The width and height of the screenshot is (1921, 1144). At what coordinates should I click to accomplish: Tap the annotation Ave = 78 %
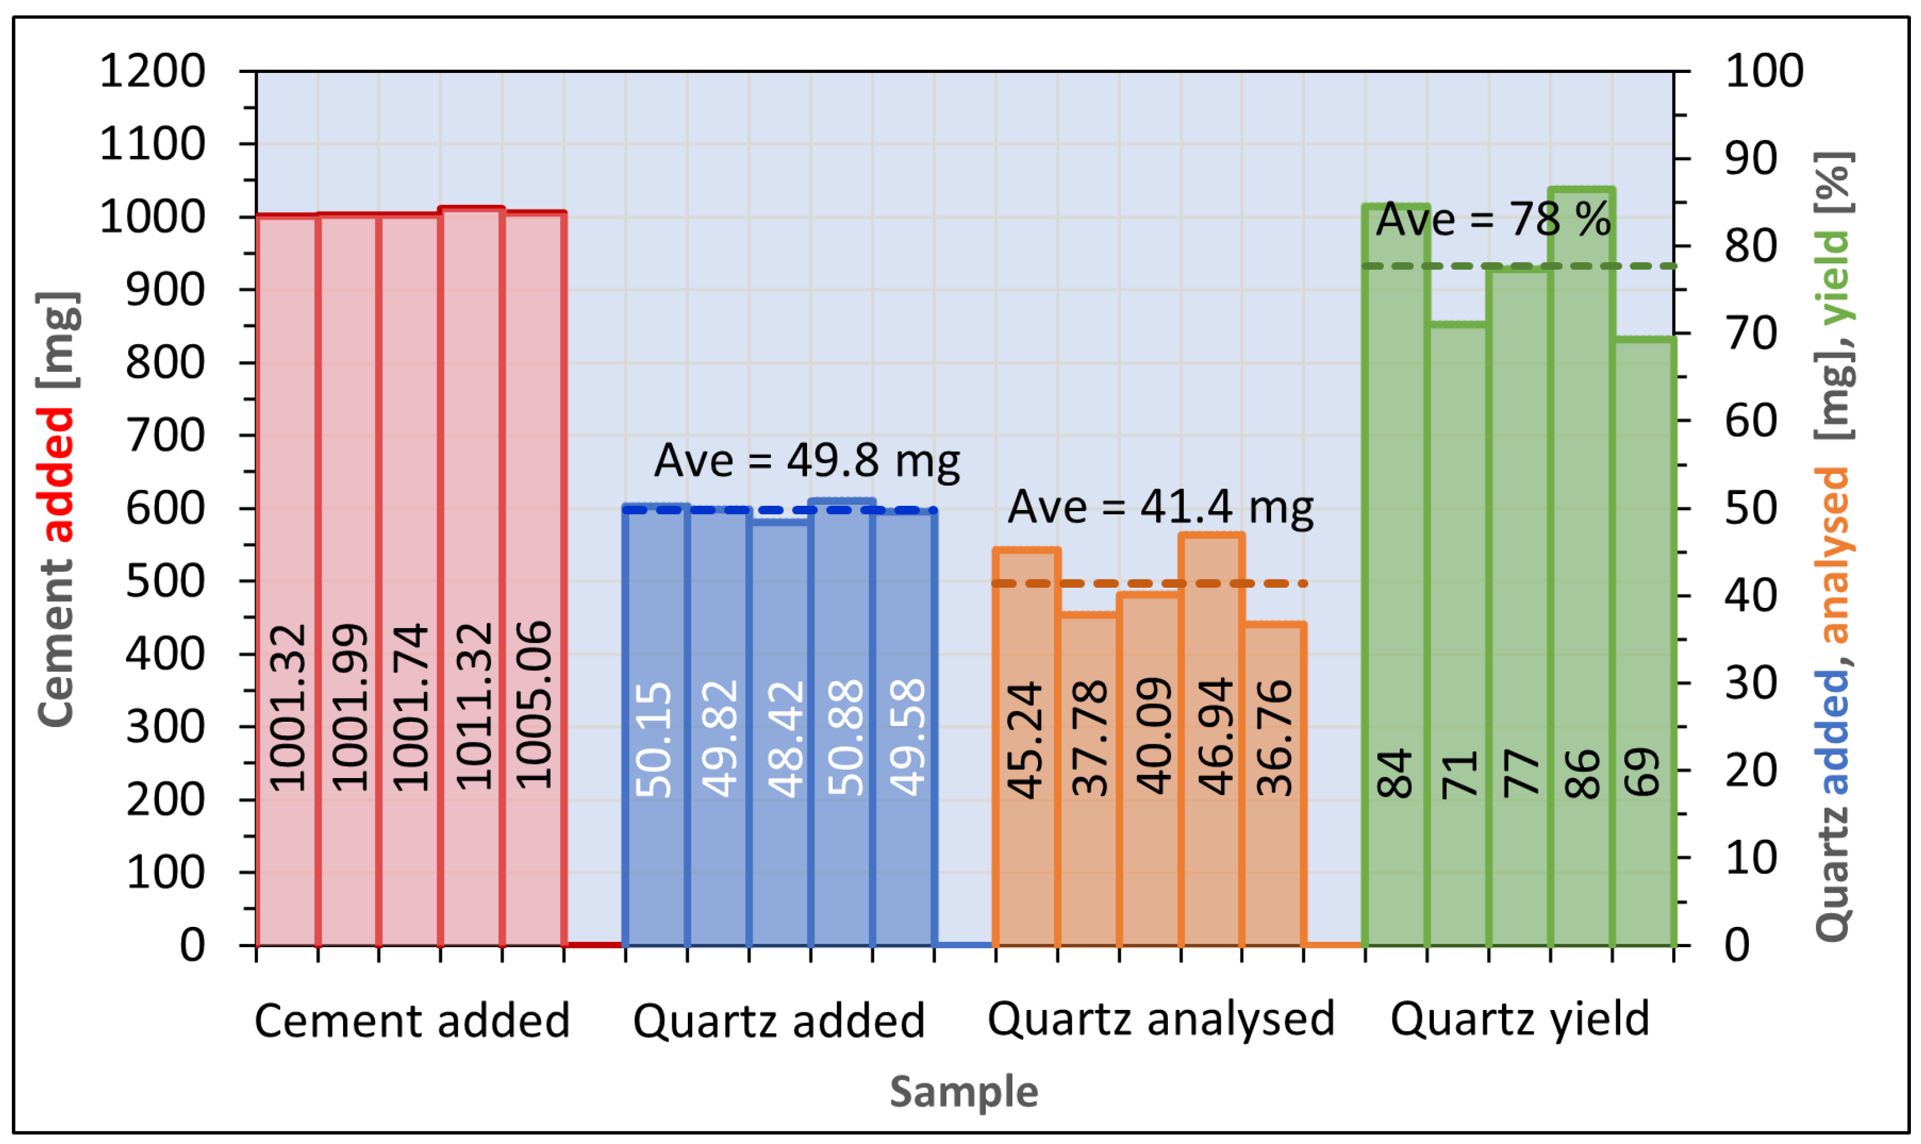1494,219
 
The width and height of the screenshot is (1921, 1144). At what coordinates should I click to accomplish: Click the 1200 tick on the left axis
153,72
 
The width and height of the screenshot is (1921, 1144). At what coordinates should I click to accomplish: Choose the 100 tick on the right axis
1764,72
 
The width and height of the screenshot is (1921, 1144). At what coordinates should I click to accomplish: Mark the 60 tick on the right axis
1751,422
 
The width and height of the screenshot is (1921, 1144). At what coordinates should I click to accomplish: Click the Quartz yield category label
1520,1019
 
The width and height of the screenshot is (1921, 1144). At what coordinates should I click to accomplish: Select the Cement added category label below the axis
412,1021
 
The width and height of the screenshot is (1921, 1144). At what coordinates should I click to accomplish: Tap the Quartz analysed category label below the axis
1161,1019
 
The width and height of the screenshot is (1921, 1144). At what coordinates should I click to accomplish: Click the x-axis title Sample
964,1092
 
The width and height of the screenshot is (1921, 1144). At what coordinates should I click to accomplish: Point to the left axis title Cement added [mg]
58,509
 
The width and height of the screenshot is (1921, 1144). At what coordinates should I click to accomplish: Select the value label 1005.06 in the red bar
534,705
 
